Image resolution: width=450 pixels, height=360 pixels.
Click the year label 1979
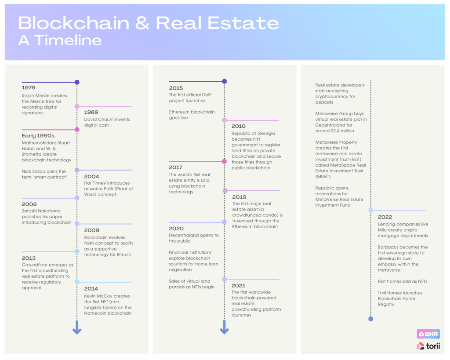29,87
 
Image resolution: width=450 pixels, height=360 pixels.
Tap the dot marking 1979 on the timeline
77,82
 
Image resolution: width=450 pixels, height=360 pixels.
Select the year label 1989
91,112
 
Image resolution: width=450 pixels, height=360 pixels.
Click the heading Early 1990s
38,135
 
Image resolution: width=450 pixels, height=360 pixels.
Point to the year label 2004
91,177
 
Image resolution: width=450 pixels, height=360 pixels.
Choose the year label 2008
29,204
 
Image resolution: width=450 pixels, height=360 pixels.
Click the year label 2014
91,288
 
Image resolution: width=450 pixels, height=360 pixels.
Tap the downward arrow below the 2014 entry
77,327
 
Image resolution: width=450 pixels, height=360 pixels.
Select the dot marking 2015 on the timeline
225,81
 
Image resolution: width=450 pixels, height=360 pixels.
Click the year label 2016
239,126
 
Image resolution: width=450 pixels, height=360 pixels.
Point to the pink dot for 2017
225,161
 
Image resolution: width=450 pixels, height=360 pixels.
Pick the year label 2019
239,197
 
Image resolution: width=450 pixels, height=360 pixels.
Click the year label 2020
176,229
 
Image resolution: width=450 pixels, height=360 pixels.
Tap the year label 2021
239,285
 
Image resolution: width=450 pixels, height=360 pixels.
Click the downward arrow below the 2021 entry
225,327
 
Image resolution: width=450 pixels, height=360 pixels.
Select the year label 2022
385,217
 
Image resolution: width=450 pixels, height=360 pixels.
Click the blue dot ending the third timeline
371,319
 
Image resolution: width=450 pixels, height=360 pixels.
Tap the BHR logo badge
428,334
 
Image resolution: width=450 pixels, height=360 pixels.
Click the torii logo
428,346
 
